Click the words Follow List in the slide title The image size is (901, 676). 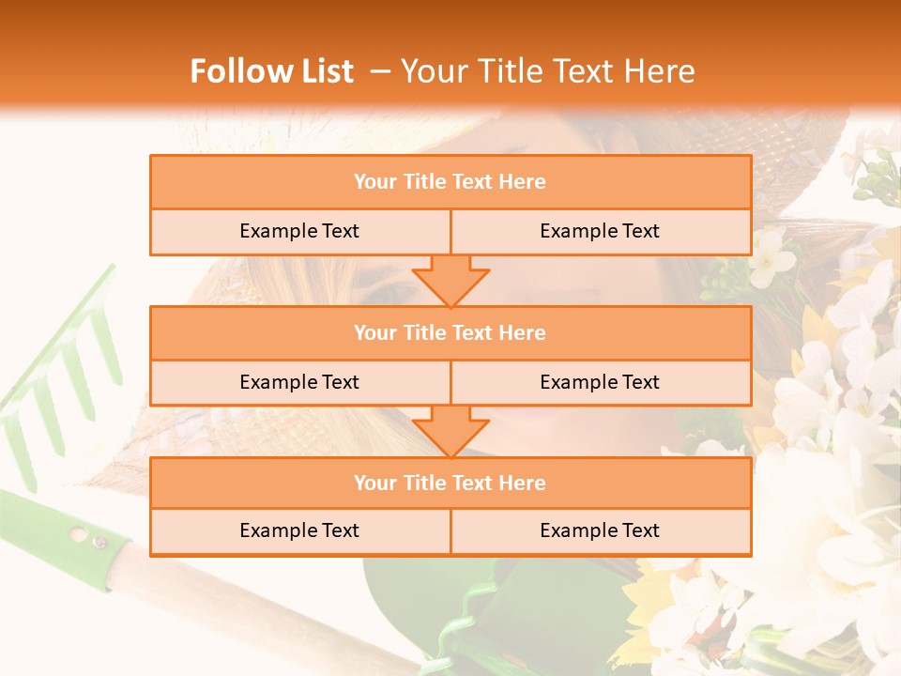pyautogui.click(x=271, y=71)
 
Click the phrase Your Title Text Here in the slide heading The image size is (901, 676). pyautogui.click(x=547, y=71)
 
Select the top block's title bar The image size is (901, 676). pyautogui.click(x=450, y=182)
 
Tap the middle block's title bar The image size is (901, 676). pyautogui.click(x=450, y=333)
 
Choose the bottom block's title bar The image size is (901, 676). pyautogui.click(x=450, y=484)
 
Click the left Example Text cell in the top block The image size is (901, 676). pyautogui.click(x=299, y=232)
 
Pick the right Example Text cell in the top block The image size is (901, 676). pyautogui.click(x=600, y=232)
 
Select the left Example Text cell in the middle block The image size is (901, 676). pyautogui.click(x=299, y=383)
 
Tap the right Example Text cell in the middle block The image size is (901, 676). pyautogui.click(x=600, y=383)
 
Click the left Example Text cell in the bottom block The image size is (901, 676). pyautogui.click(x=299, y=531)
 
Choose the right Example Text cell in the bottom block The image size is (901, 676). pyautogui.click(x=600, y=531)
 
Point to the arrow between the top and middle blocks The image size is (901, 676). pyautogui.click(x=450, y=281)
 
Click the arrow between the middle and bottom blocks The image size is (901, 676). pyautogui.click(x=450, y=431)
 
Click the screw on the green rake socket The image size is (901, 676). pyautogui.click(x=98, y=541)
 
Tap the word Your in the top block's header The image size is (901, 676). pyautogui.click(x=375, y=182)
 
